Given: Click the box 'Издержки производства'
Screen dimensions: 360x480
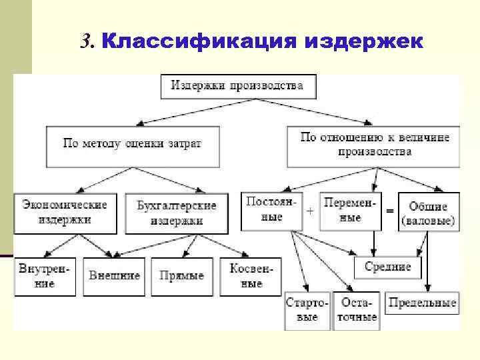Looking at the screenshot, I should pos(238,86).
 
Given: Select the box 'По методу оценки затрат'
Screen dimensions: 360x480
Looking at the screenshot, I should pos(132,144).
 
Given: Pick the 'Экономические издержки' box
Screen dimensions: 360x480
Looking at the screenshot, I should pos(65,212).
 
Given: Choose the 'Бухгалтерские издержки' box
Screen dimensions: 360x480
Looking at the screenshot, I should pos(177,212).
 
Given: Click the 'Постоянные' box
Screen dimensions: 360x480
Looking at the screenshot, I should pos(268,209).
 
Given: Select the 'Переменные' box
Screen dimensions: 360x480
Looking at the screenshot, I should pos(350,209).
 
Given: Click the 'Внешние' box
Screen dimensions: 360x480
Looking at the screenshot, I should pos(115,276).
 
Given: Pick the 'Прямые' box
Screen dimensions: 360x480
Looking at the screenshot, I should pos(182,276).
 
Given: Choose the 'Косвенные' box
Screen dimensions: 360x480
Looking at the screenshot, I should pos(245,276).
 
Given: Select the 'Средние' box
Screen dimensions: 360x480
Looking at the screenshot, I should pos(387,268).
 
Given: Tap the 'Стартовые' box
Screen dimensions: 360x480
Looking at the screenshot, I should pos(307,310).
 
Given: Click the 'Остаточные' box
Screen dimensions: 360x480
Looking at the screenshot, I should pos(357,310).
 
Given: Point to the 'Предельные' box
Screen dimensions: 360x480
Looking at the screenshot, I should pos(422,304).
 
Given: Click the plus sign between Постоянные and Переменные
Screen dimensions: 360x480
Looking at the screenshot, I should pos(310,211).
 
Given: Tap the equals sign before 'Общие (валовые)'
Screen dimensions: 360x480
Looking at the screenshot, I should pos(389,211).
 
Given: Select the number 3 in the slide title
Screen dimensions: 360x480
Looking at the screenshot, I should pos(85,42).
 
